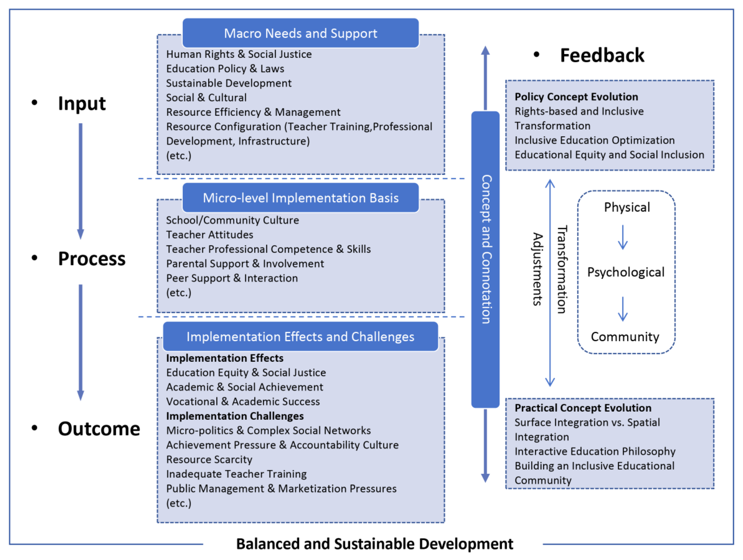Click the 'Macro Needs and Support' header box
300,33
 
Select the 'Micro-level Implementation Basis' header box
300,198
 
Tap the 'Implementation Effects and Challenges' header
300,337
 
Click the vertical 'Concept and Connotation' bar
485,259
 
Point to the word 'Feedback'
602,55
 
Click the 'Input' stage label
82,103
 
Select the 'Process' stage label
92,259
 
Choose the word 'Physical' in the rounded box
627,207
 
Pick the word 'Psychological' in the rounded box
625,272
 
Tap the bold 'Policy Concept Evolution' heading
576,97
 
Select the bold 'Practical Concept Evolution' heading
583,408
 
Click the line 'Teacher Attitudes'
210,235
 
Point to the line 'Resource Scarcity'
209,459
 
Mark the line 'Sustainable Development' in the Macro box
229,83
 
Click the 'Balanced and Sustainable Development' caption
375,544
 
